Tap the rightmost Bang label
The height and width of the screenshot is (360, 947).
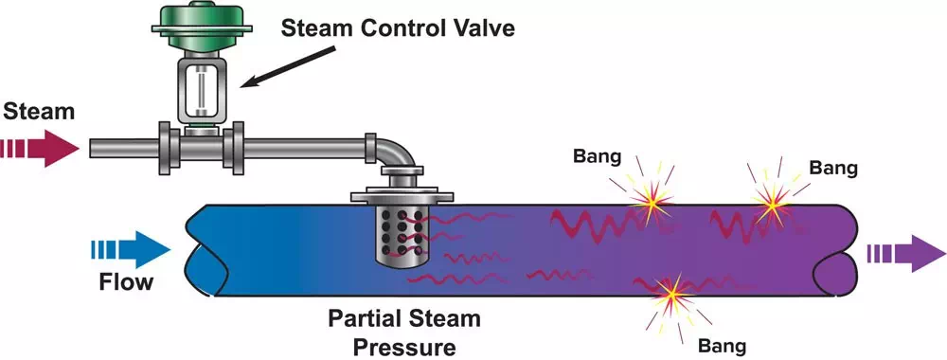[833, 170]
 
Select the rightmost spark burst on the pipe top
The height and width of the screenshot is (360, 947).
[773, 201]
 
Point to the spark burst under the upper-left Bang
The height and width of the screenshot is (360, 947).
[651, 200]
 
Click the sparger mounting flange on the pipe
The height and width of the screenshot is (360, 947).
[402, 196]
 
